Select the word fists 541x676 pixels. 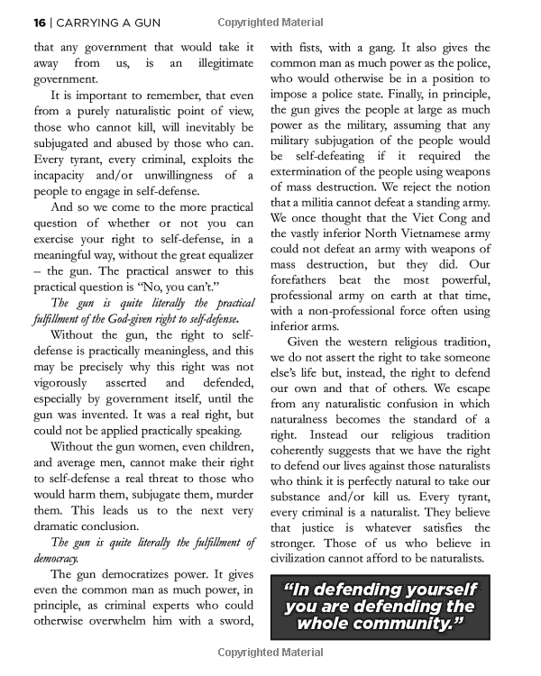pos(319,47)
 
